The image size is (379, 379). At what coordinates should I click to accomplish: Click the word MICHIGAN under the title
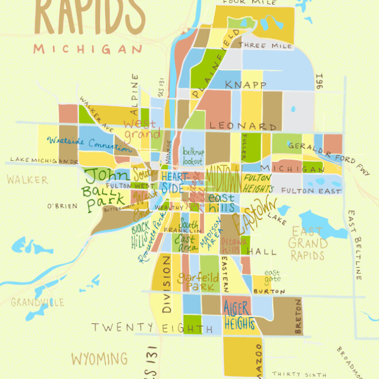[87, 49]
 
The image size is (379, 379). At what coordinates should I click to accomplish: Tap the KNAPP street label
[245, 85]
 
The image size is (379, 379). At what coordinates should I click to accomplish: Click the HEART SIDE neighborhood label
[174, 182]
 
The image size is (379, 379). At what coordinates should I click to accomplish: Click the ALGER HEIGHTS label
[239, 315]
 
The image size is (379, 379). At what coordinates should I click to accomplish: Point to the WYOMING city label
[99, 359]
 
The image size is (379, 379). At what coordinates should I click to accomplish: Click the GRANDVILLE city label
[37, 302]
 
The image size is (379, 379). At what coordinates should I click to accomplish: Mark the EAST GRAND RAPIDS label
[308, 243]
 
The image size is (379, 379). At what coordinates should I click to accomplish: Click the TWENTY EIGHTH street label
[148, 328]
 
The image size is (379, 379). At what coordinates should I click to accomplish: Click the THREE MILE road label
[262, 45]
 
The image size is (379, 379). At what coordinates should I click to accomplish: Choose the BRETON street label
[298, 316]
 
